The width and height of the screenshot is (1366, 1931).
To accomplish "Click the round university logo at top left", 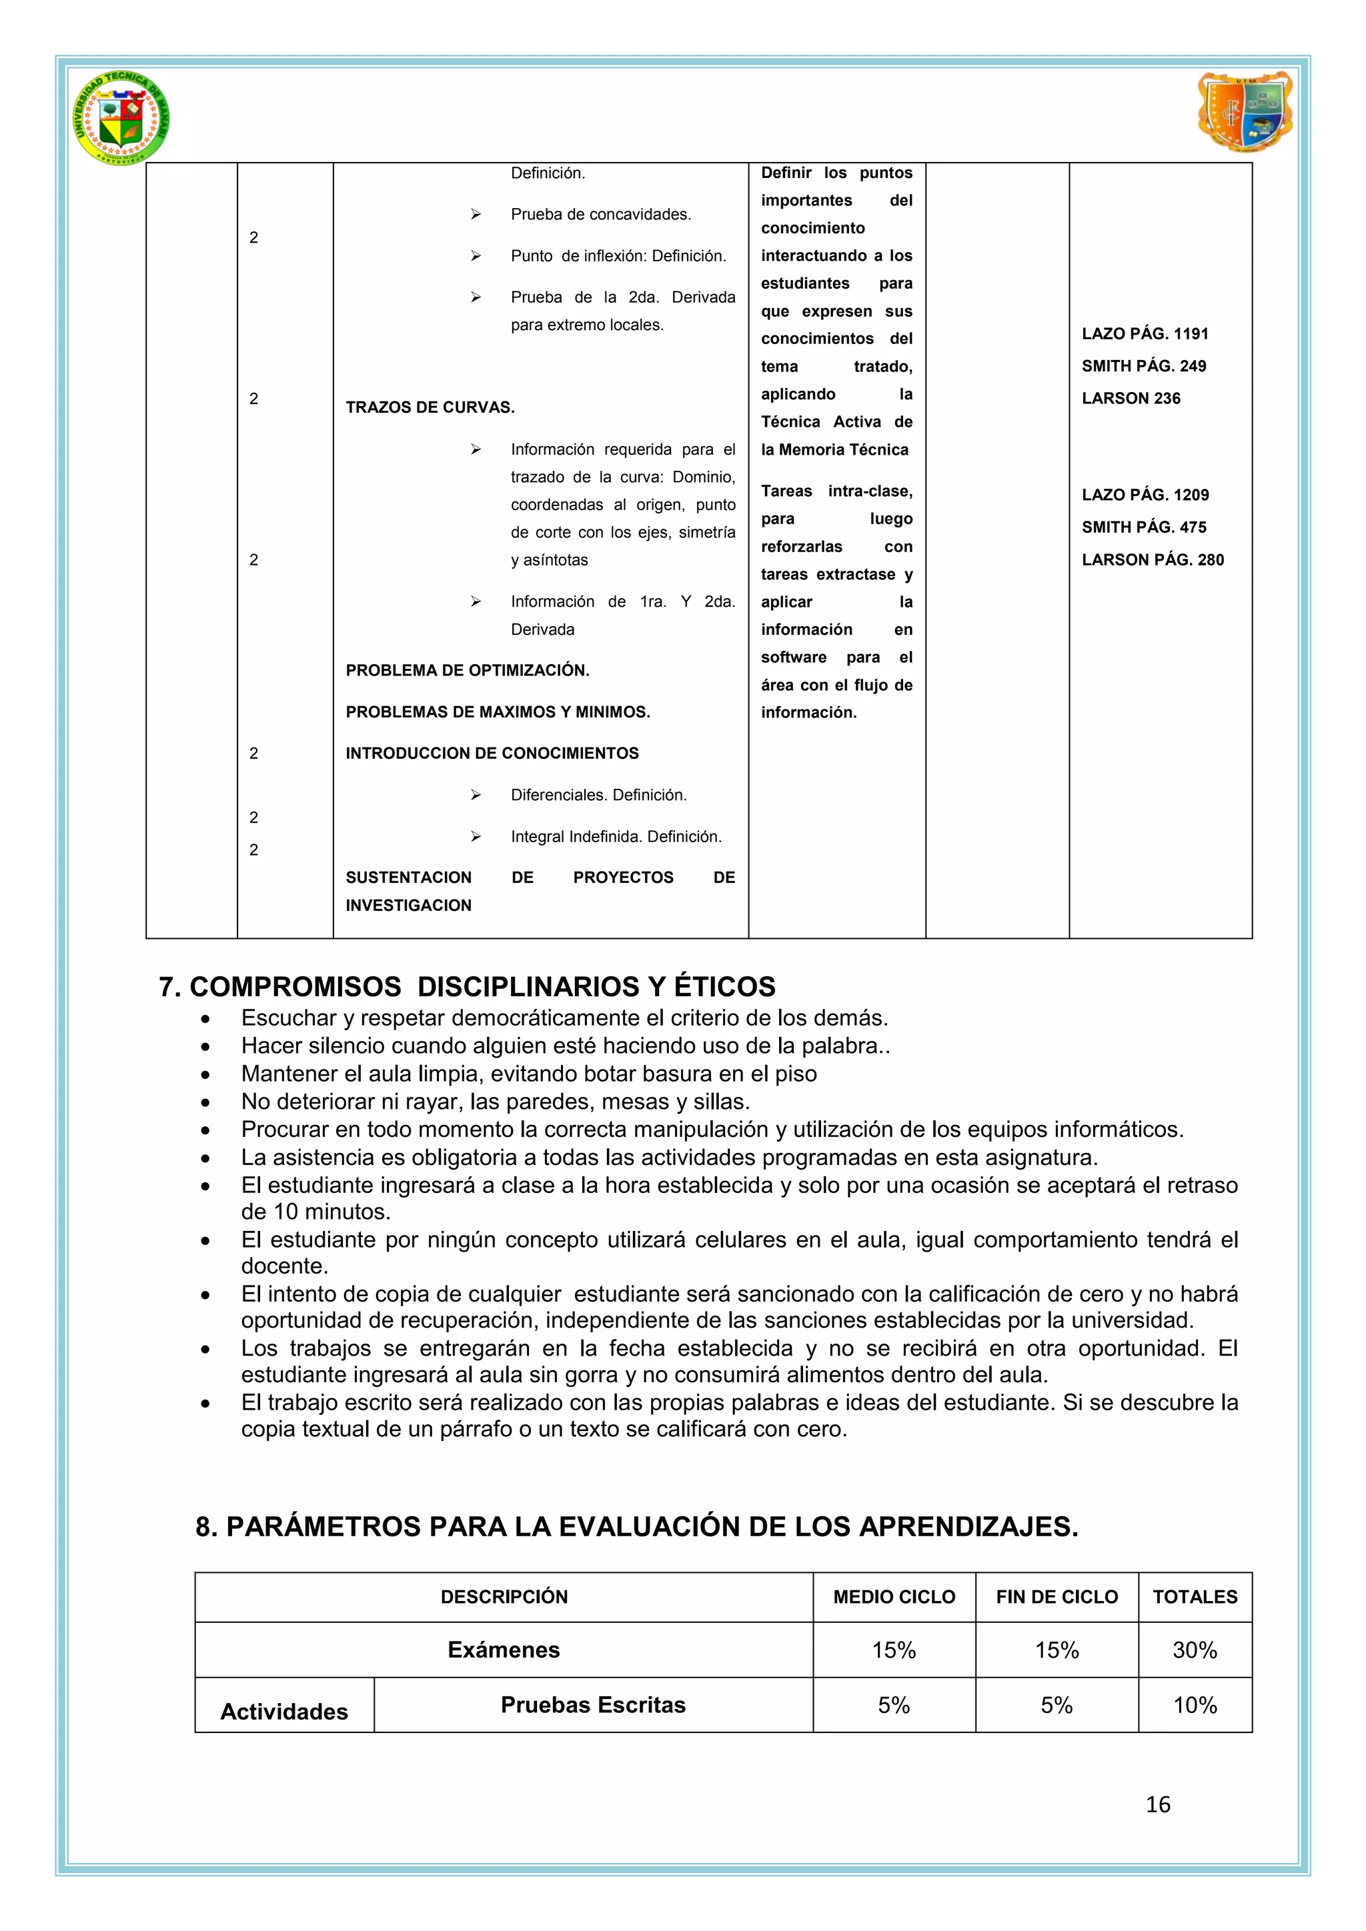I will (121, 118).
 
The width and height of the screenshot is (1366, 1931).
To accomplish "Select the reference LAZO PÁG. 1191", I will (1144, 334).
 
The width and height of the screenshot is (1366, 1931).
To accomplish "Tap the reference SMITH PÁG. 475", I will (1143, 527).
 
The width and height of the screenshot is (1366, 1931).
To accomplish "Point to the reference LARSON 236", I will (1131, 399).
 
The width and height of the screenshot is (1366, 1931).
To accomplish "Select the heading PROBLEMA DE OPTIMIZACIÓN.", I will (467, 670).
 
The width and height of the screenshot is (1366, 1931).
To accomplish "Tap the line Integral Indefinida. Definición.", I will (616, 837).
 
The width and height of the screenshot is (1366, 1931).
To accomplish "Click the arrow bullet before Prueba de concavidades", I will (476, 215).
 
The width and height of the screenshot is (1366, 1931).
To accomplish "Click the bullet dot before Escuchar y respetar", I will (205, 1020).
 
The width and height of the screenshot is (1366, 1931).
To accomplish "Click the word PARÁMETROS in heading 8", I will (324, 1526).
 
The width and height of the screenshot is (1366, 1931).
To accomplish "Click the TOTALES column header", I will (1195, 1597).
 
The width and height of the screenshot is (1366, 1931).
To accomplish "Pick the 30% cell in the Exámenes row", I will (1195, 1650).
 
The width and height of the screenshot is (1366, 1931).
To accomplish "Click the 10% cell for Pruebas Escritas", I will (1195, 1705).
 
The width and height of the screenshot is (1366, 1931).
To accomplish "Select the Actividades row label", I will (284, 1712).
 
